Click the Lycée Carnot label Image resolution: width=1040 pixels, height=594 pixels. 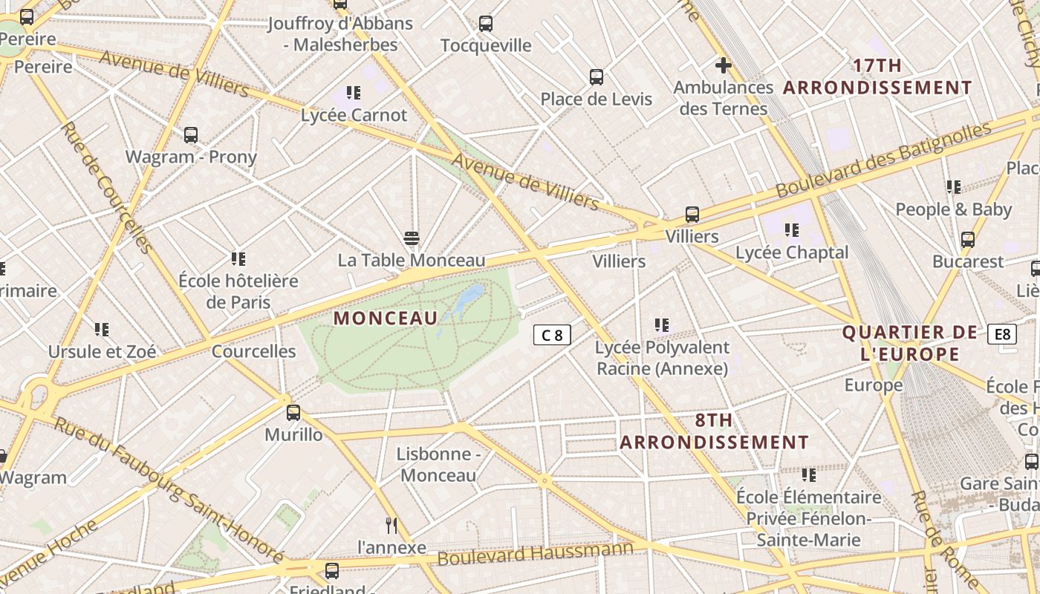[x=354, y=115]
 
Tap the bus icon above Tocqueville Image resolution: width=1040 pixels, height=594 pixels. [x=486, y=24]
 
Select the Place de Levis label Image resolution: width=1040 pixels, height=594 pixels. [x=596, y=99]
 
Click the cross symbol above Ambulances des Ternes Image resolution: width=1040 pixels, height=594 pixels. [x=723, y=65]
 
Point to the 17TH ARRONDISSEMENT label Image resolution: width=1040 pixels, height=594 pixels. [x=877, y=76]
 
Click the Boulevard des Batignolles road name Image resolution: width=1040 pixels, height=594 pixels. [x=883, y=160]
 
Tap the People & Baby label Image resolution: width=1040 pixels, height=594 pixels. [x=953, y=209]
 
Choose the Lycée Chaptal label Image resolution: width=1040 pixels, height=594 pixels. [x=792, y=252]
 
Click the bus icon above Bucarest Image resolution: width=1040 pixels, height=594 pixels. [x=967, y=240]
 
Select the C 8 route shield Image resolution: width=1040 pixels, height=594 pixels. [x=552, y=335]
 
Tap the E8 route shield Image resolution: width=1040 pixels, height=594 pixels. [x=1001, y=334]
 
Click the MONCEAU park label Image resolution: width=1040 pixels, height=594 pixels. [x=386, y=319]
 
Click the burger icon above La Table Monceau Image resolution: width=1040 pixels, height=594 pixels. [x=412, y=238]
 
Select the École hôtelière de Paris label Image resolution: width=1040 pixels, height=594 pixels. [x=238, y=292]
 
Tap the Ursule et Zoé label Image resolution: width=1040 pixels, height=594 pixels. [x=103, y=351]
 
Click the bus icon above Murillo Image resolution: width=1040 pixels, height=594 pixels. [x=293, y=413]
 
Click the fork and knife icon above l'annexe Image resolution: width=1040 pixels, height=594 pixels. [x=391, y=526]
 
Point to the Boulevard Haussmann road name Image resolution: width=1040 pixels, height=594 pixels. [x=536, y=553]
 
